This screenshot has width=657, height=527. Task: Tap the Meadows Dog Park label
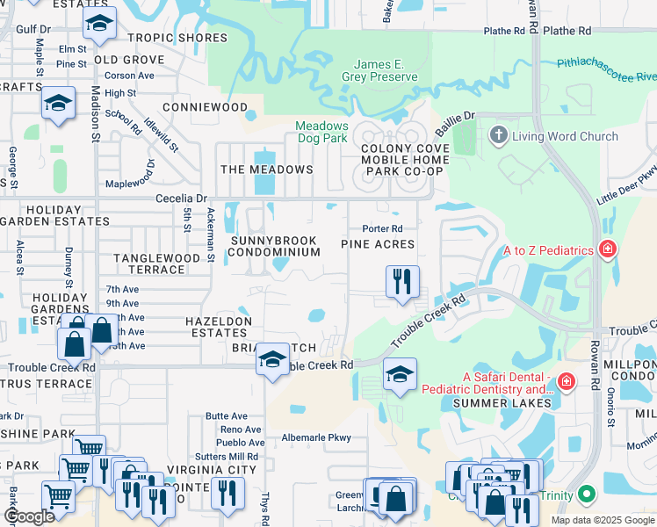coord(321,132)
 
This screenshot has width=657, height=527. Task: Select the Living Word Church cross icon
coord(499,136)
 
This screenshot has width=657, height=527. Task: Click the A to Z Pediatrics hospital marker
coord(606,251)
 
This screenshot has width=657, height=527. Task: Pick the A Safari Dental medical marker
coord(567,381)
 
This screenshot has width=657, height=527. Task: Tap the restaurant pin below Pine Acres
coord(402,282)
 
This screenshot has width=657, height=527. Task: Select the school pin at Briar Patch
coord(273,359)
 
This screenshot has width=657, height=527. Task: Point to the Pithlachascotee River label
coord(606,70)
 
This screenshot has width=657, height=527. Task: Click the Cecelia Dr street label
coord(180,199)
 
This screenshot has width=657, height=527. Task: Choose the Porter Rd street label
coord(381,229)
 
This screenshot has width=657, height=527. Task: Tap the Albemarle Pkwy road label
coord(316,437)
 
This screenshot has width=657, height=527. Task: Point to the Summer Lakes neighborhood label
coord(502,403)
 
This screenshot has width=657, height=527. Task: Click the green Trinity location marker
coord(588,495)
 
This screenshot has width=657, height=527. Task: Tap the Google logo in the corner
coord(28,517)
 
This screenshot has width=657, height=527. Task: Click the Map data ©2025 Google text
coord(602,520)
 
